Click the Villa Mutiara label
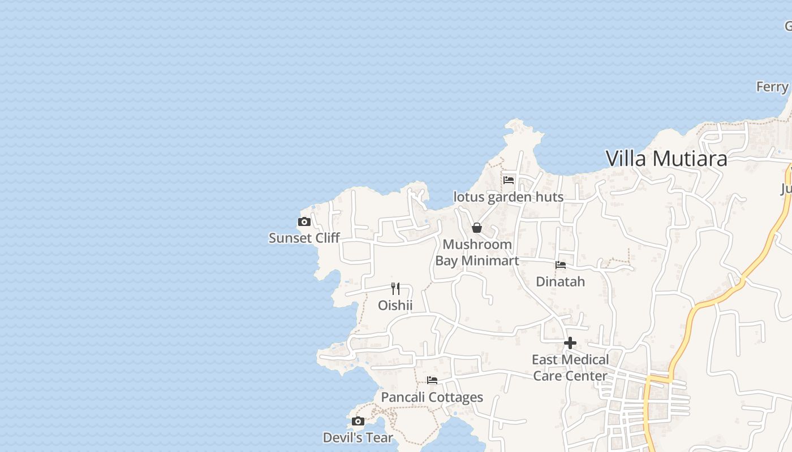tap(666, 158)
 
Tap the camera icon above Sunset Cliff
tap(304, 221)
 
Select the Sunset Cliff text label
tap(304, 238)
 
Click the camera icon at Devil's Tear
tap(358, 421)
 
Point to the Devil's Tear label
tap(358, 437)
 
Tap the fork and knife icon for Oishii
tap(395, 289)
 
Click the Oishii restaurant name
tap(395, 306)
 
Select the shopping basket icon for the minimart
tap(477, 228)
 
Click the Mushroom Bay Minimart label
tap(477, 253)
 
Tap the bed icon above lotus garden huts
tap(509, 180)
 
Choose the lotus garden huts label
tap(509, 197)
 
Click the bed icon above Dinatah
tap(561, 264)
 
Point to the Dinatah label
tap(560, 281)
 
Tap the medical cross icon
tap(570, 343)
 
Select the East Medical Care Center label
tap(570, 368)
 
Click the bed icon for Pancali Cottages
tap(432, 380)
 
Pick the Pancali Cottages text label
tap(432, 397)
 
